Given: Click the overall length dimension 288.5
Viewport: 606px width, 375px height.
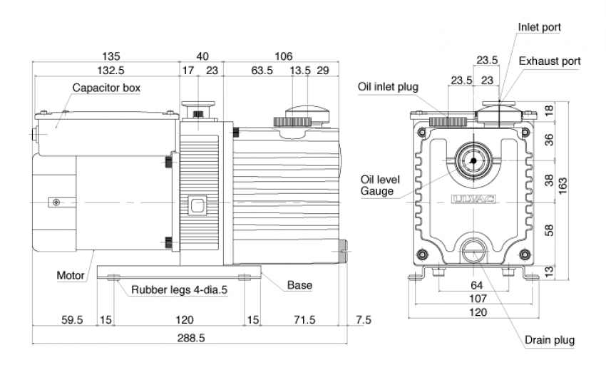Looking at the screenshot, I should pos(189,337).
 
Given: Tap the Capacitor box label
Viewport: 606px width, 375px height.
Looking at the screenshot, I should pos(106,88).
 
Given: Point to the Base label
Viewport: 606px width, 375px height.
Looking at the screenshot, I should pos(299,285).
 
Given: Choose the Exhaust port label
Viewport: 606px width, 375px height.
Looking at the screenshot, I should pos(550,61).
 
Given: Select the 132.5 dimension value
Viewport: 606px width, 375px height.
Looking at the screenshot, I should pos(107,70).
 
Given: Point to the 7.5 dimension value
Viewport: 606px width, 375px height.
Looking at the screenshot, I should pos(363,320).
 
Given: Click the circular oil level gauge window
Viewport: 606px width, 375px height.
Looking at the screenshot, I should pos(472,160).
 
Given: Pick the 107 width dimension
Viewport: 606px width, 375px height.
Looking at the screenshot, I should pos(477,299).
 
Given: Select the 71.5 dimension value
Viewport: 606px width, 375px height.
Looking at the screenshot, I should pos(304,320).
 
